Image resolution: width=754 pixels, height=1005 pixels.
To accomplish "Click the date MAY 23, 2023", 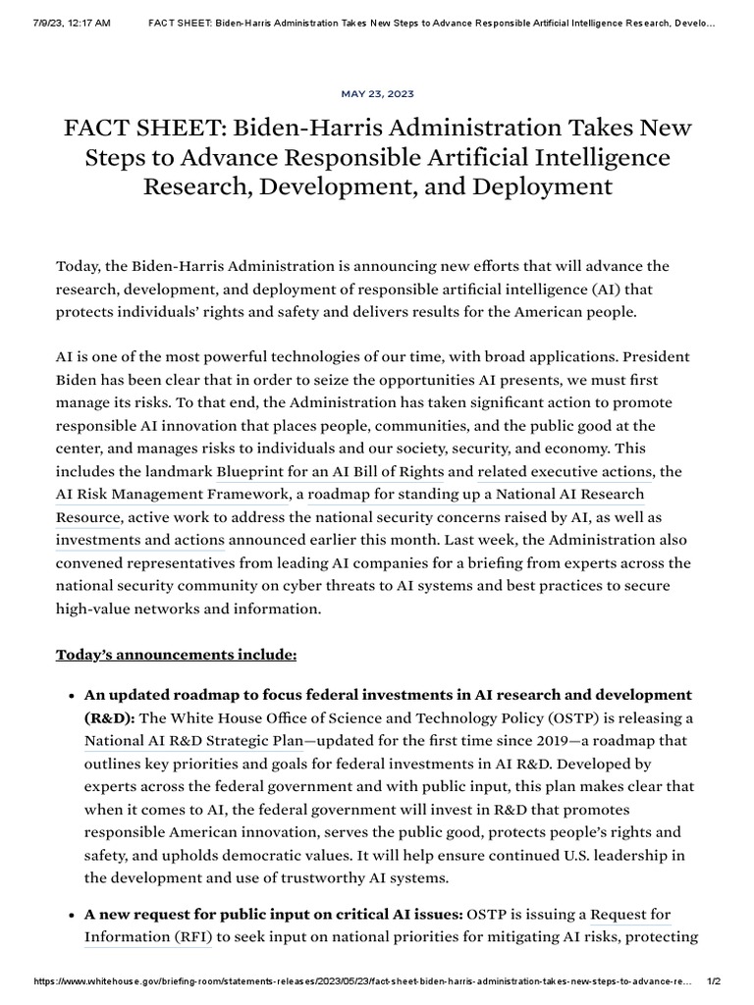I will point(377,94).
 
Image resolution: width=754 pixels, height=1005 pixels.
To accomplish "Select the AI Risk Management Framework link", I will point(171,494).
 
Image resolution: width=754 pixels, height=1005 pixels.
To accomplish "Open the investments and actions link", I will point(140,540).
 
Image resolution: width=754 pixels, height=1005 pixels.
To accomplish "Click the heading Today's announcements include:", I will point(176,654).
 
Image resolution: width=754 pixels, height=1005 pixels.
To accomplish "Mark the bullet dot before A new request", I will point(71,915).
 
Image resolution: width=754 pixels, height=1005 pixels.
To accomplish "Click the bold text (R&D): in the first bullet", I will point(109,717).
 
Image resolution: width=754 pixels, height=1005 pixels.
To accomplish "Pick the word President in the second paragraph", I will point(655,356).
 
